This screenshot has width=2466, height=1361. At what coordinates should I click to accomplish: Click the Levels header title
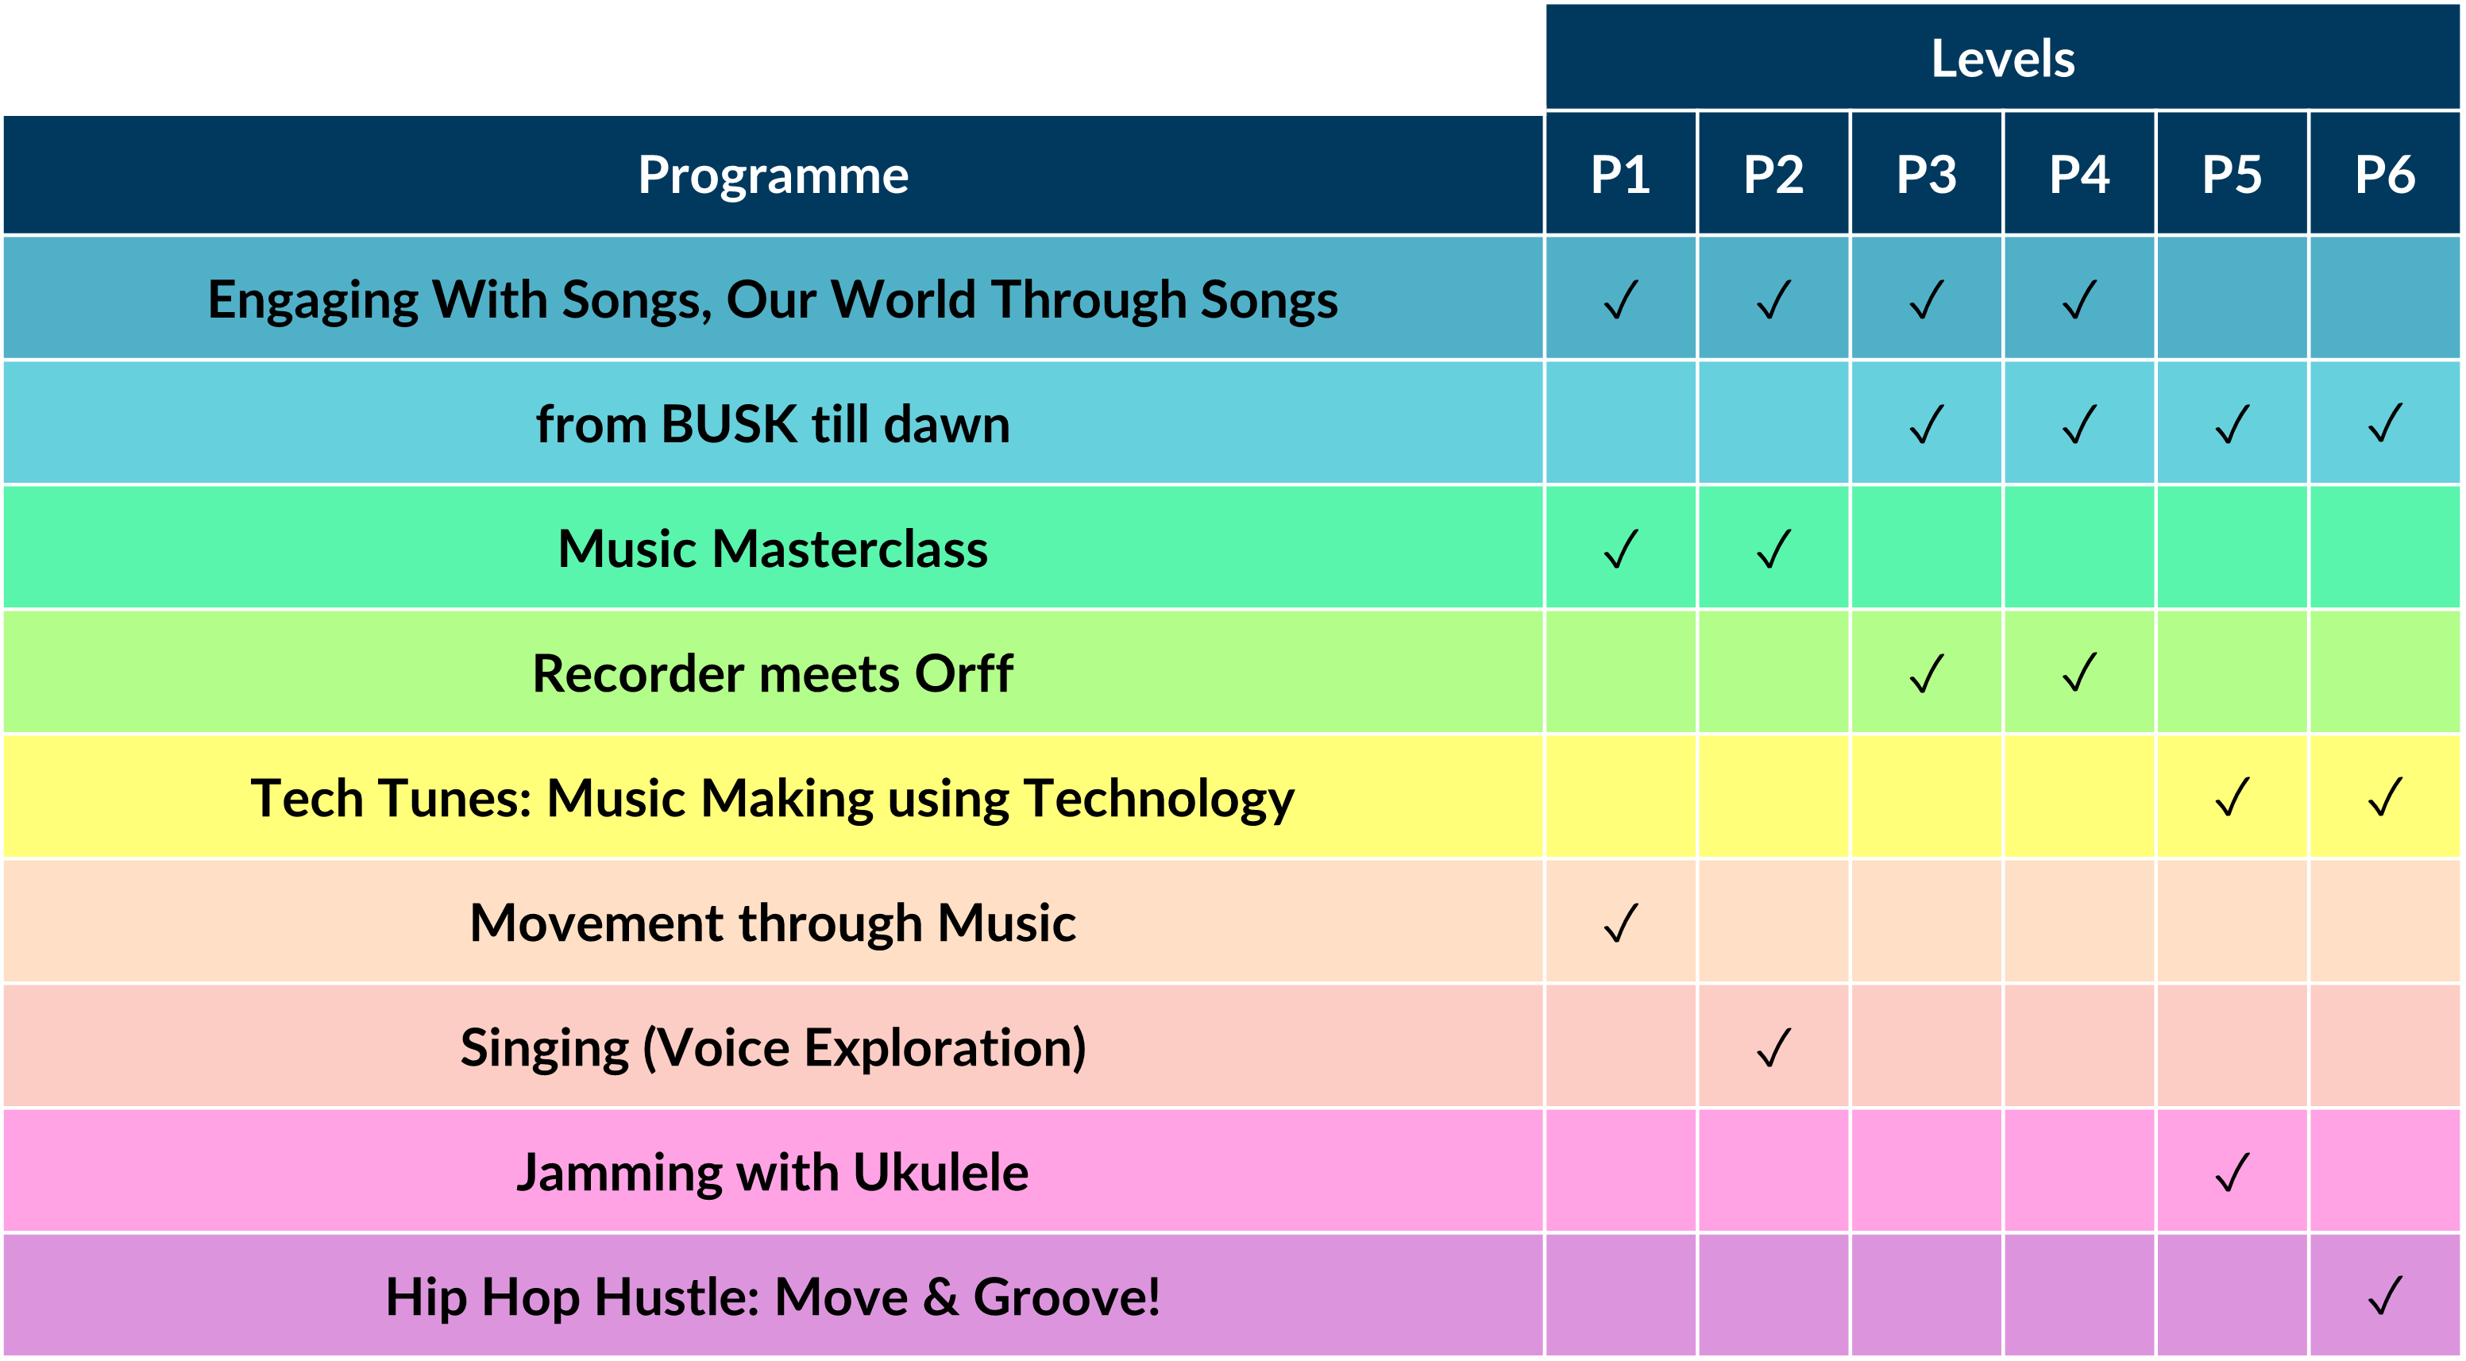(x=2003, y=59)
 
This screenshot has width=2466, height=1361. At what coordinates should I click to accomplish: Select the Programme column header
(x=774, y=176)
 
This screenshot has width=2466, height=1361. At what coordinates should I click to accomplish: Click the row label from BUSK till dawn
(x=774, y=424)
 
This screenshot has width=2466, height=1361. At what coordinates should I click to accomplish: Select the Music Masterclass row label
(x=774, y=549)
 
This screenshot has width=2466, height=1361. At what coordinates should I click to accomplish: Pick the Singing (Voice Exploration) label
(x=774, y=1047)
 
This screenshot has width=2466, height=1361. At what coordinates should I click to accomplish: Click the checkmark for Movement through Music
(x=1621, y=923)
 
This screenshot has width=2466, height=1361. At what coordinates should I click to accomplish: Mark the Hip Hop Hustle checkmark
(x=2385, y=1296)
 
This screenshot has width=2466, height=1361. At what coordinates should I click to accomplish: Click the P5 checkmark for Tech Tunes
(x=2233, y=797)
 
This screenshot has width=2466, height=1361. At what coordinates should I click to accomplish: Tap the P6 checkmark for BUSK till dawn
(x=2385, y=424)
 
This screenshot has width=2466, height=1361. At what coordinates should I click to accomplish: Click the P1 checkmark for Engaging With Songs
(x=1621, y=299)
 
